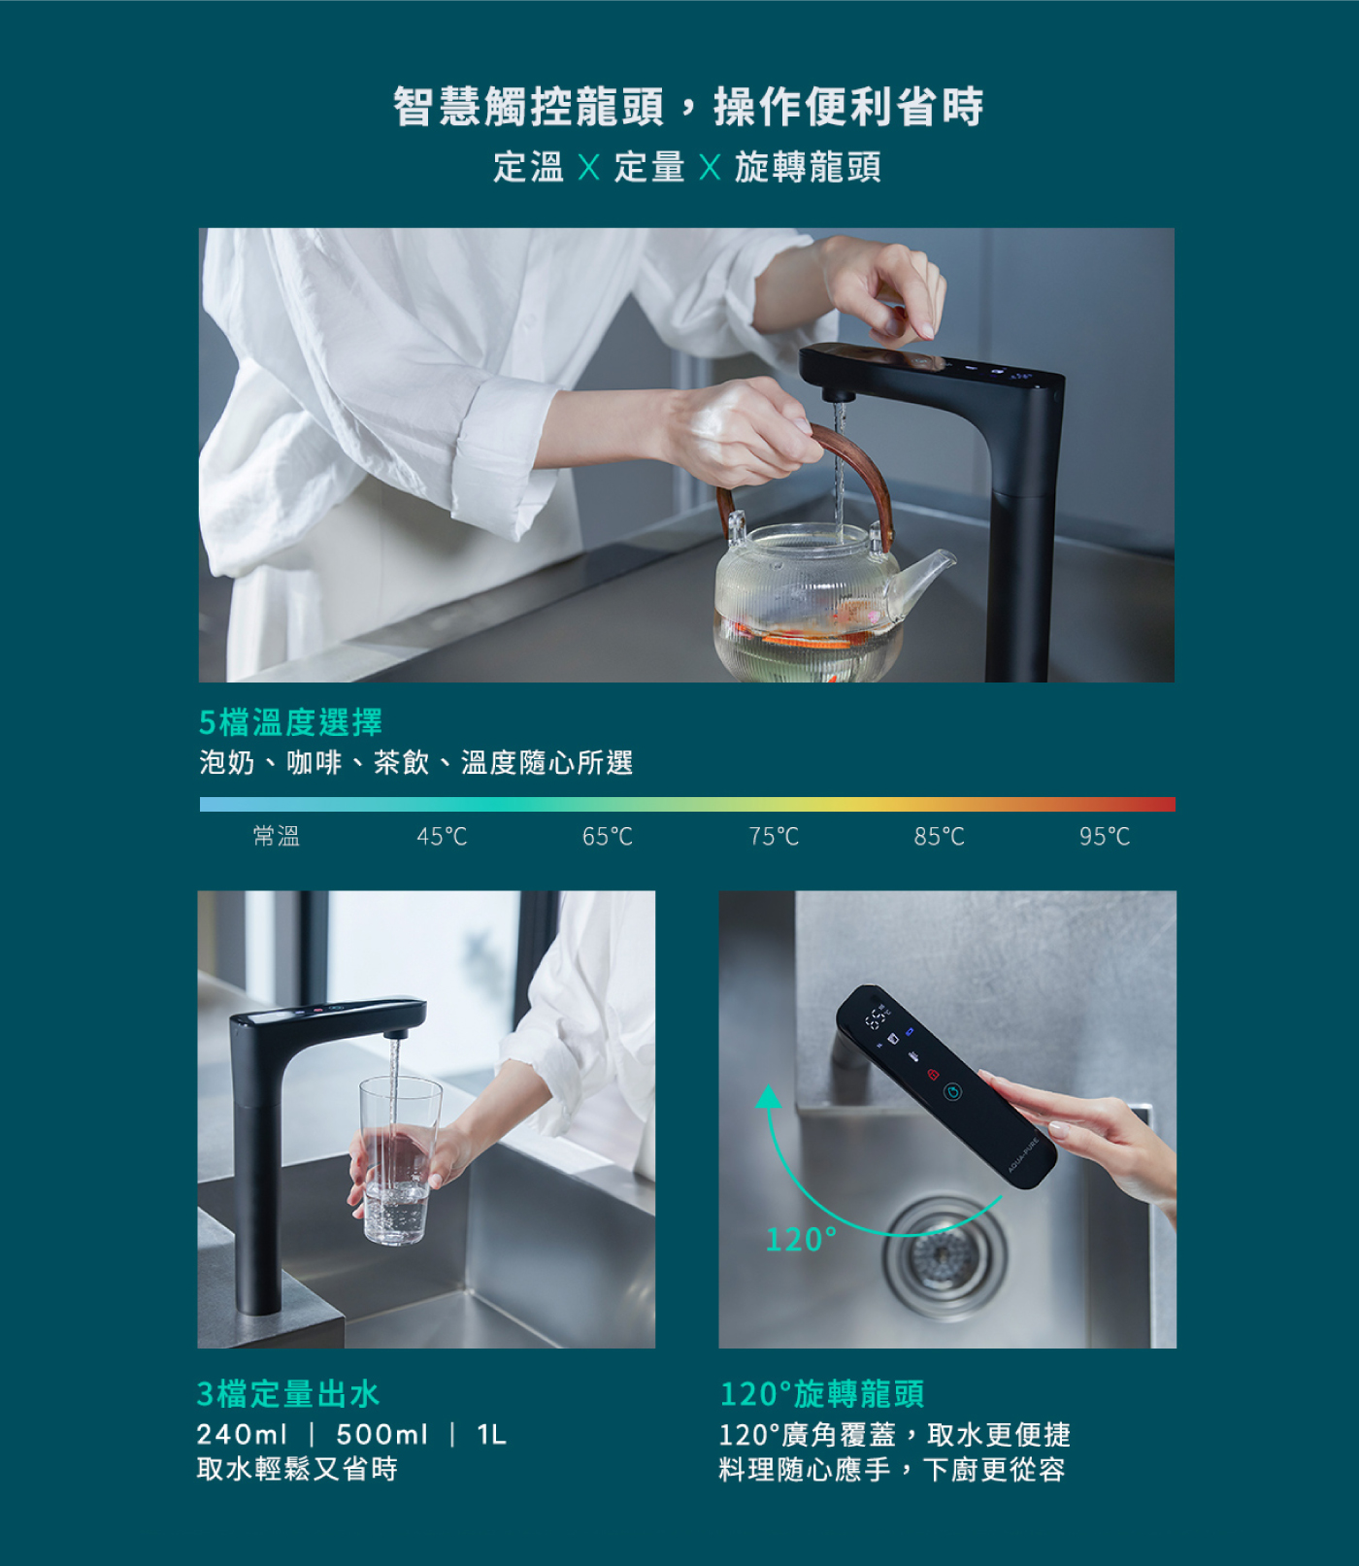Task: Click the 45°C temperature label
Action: (x=442, y=836)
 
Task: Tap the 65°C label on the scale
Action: (x=608, y=836)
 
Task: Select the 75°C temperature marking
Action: (x=774, y=836)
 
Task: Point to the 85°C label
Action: (x=940, y=836)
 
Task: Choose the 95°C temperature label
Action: (x=1105, y=836)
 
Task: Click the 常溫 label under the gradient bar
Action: (x=277, y=836)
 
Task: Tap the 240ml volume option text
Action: (x=242, y=1434)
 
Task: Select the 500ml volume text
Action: (x=382, y=1434)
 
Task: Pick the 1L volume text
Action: (x=492, y=1434)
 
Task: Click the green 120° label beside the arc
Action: (x=801, y=1239)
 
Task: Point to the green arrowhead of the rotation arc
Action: (x=769, y=1097)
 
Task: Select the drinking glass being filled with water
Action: (x=398, y=1160)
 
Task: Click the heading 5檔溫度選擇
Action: (x=290, y=721)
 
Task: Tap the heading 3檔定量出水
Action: (x=288, y=1393)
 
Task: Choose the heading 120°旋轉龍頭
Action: (x=822, y=1393)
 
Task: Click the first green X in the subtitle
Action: (x=588, y=167)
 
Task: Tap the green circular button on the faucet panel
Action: (x=953, y=1092)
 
